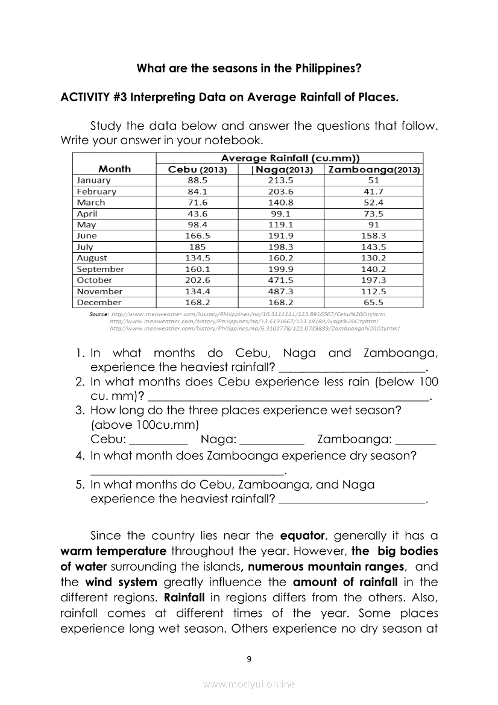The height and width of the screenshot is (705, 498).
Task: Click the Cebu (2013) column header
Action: (x=197, y=169)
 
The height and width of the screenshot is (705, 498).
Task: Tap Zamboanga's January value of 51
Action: (x=374, y=180)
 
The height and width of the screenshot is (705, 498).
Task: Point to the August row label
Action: (x=92, y=258)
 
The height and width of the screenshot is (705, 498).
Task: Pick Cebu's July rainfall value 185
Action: (x=197, y=247)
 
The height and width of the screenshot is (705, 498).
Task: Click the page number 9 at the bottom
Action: (x=249, y=659)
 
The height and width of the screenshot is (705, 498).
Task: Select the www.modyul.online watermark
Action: (x=249, y=684)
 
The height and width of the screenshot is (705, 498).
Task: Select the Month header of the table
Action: (x=114, y=169)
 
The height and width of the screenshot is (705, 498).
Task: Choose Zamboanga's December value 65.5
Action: (x=374, y=303)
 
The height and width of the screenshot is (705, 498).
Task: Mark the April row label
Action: (x=87, y=213)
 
